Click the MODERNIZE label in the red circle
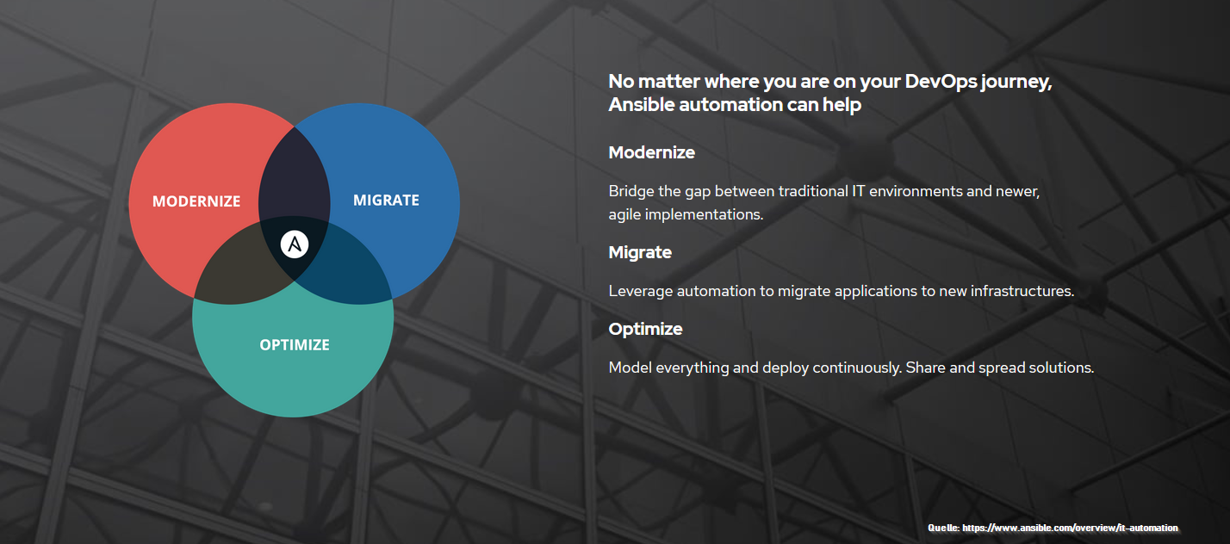(x=196, y=201)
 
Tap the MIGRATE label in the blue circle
(x=386, y=201)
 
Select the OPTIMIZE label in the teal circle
(x=295, y=345)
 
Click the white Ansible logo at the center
(x=295, y=244)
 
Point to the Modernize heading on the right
(x=652, y=152)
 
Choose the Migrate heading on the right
(x=640, y=252)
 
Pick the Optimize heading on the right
(x=646, y=329)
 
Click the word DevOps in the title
(x=941, y=81)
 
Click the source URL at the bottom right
(x=1070, y=529)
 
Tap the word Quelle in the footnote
(x=943, y=529)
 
